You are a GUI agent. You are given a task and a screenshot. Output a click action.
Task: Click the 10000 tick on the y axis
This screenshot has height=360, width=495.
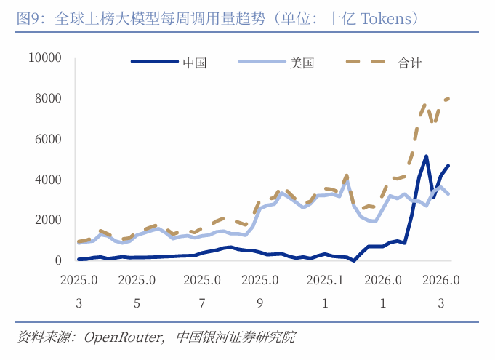(x=45, y=57)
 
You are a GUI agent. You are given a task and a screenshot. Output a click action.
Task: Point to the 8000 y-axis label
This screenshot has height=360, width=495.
(x=48, y=98)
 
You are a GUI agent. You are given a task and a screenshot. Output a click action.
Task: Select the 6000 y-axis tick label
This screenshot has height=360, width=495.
(x=48, y=139)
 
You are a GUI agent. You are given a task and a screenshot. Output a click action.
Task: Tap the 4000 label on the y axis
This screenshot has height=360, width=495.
(x=48, y=180)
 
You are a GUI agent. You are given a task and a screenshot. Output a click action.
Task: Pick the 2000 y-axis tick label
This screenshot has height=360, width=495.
(x=48, y=220)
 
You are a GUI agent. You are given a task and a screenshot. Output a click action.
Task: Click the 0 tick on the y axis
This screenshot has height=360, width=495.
(x=57, y=260)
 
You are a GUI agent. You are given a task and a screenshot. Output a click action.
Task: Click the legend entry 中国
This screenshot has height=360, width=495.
(x=195, y=63)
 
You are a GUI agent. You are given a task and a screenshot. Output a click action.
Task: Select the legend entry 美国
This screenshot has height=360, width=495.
(x=302, y=63)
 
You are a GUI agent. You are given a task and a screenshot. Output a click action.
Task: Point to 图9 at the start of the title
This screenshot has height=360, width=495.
(x=29, y=17)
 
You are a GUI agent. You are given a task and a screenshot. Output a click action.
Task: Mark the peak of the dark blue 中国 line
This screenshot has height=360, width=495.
(x=426, y=156)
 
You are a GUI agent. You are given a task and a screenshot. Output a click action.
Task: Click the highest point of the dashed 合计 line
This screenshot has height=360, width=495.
(x=448, y=98)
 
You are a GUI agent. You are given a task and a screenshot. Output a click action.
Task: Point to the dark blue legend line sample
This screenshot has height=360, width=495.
(x=154, y=63)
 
